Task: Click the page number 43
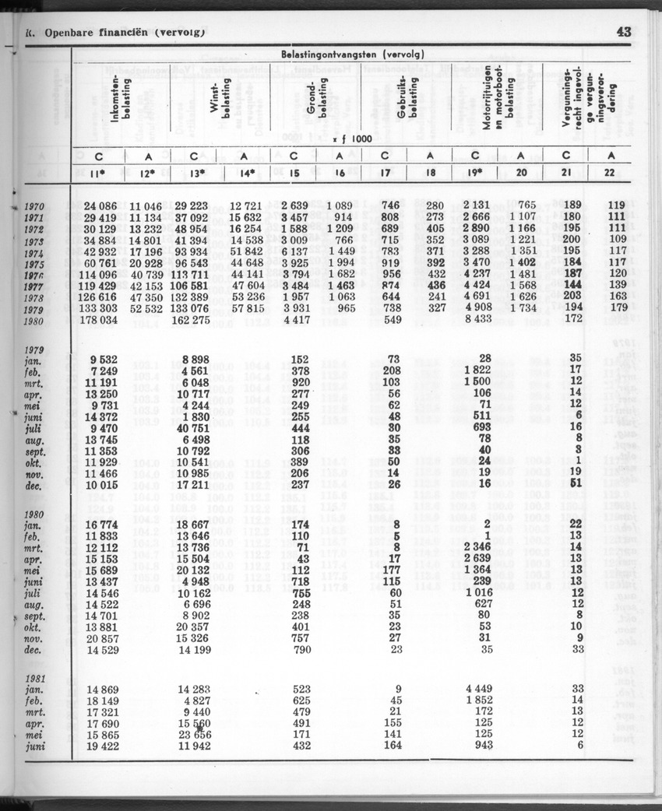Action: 623,32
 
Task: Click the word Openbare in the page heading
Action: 72,33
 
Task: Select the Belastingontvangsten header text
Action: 347,55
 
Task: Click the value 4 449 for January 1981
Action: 479,687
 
